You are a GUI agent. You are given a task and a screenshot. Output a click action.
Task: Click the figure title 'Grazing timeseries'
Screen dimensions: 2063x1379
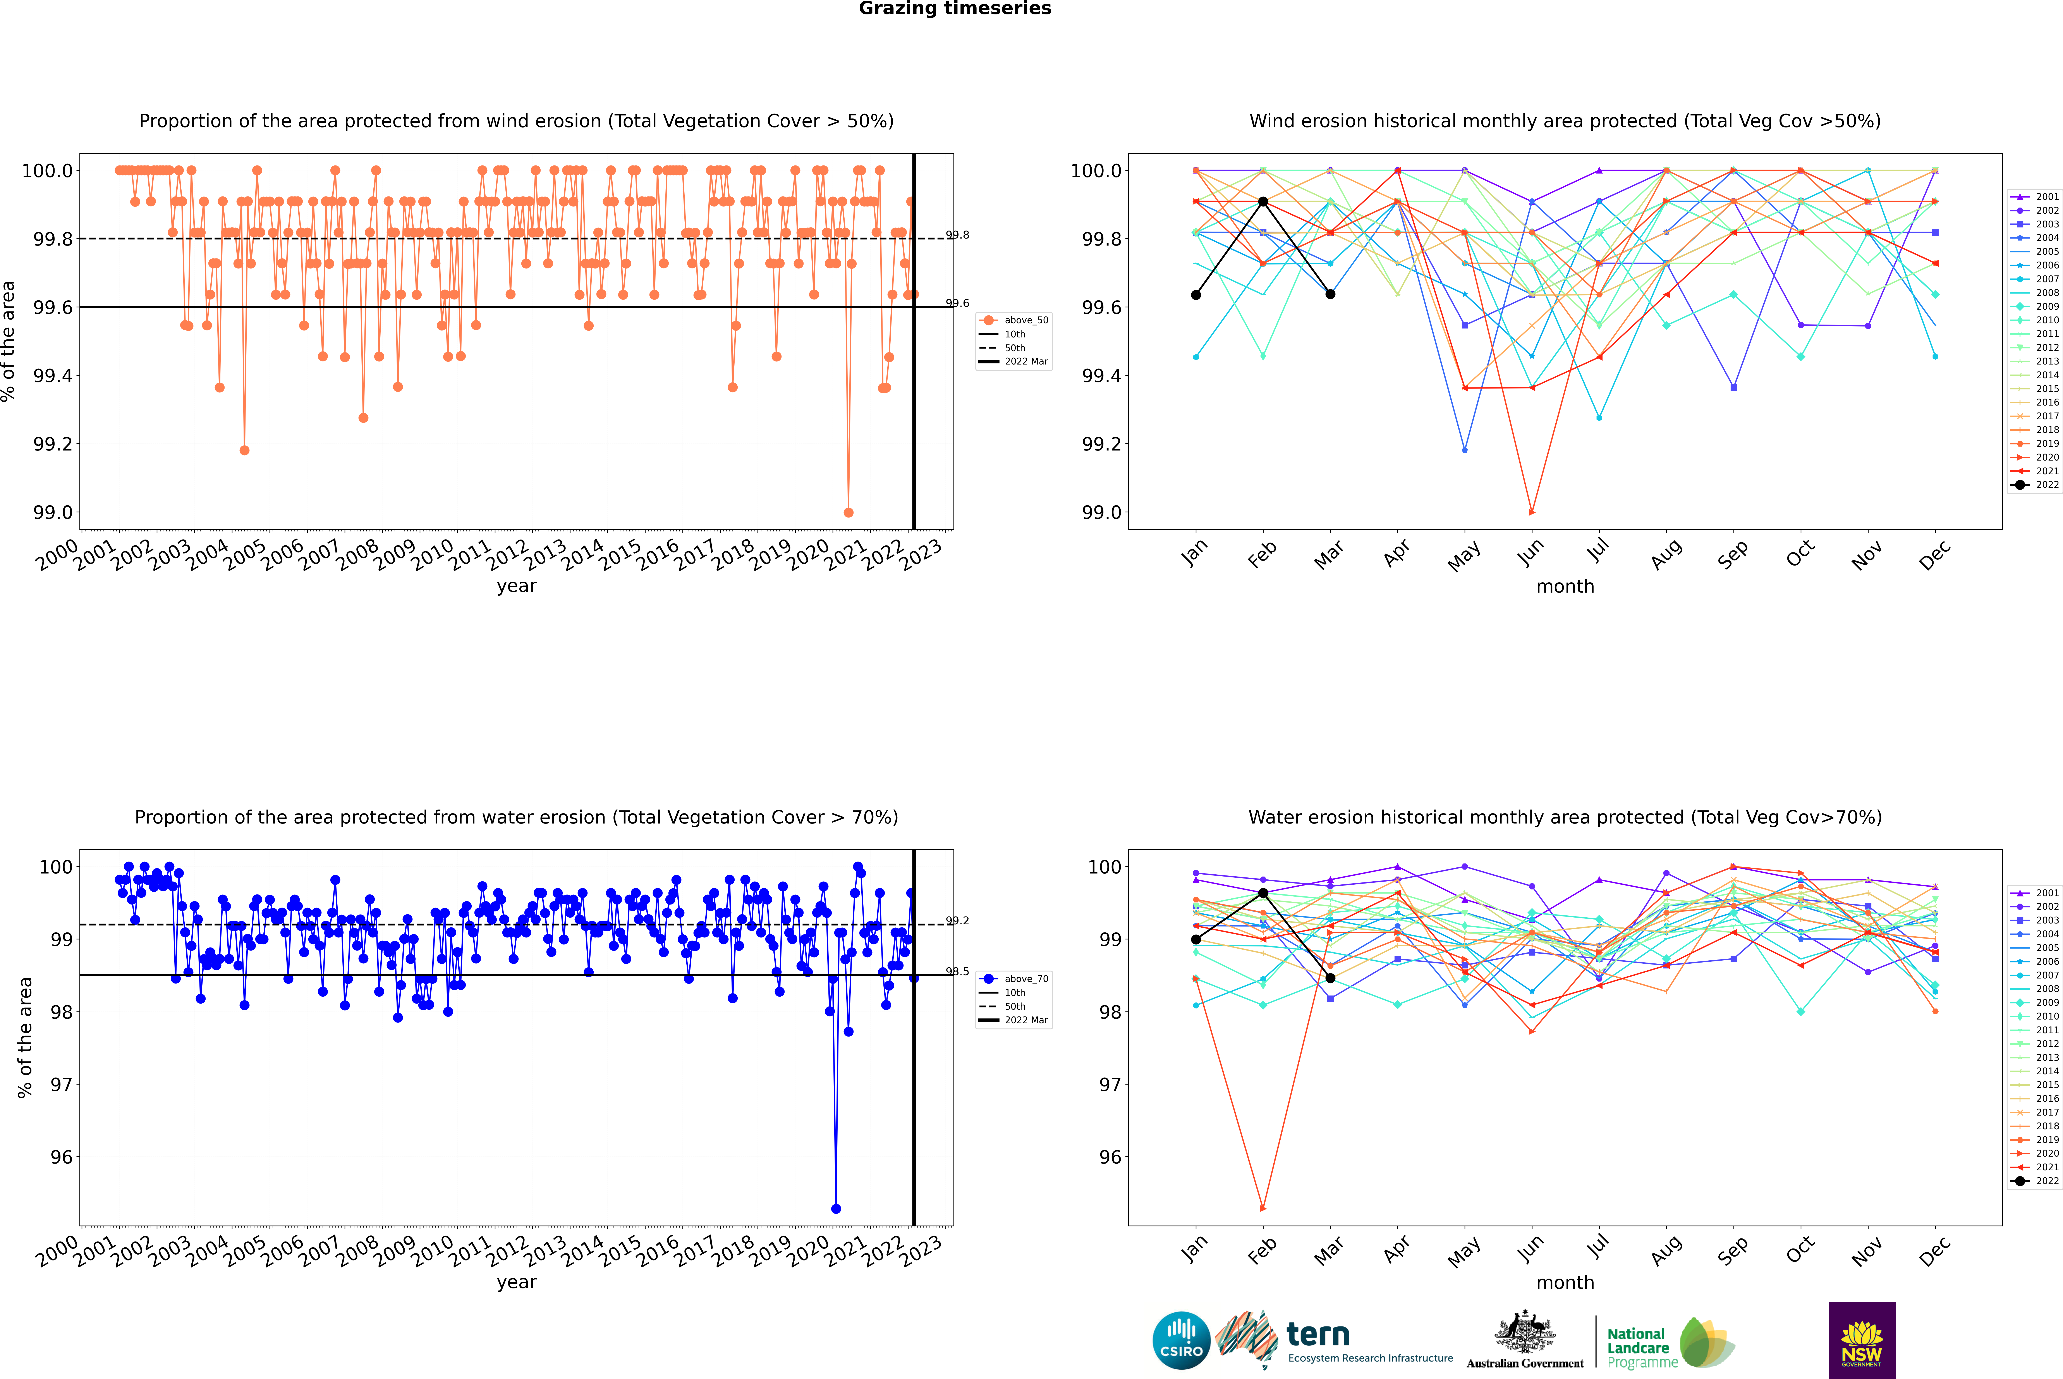(955, 9)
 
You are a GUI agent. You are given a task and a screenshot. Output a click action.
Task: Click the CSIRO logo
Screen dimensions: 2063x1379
(1181, 1340)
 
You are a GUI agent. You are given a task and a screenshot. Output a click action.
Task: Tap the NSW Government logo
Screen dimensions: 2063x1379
(1862, 1340)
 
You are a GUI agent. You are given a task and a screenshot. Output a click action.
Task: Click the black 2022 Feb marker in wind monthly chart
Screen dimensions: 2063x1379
(1263, 201)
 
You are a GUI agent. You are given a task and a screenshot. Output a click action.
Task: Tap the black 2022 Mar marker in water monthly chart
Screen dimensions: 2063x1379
(1330, 978)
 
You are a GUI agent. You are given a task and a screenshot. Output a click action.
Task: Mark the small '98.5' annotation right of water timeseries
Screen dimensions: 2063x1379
(958, 972)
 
